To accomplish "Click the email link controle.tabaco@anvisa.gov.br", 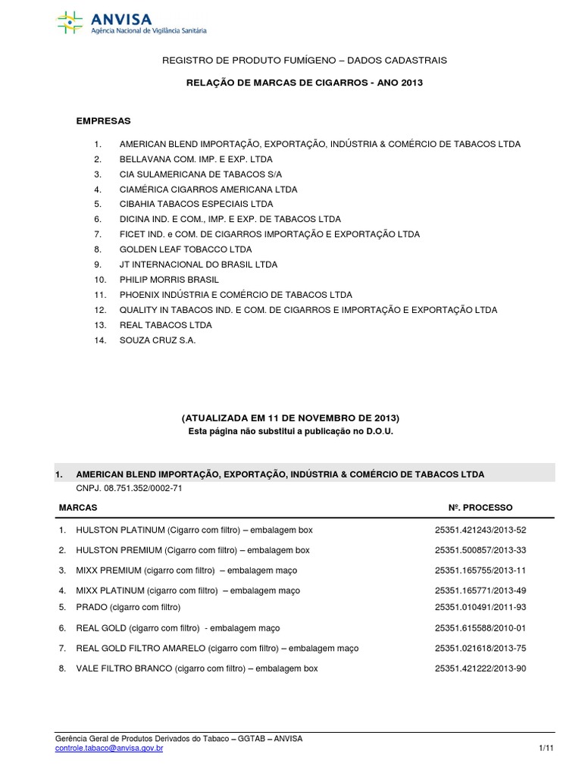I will pos(109,749).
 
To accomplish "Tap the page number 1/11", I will pos(546,749).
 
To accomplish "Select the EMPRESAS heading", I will pos(104,120).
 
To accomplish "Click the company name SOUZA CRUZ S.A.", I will pos(157,340).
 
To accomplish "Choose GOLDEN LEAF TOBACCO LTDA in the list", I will pos(185,249).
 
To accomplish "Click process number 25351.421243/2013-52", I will pos(480,530).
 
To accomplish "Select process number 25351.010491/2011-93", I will pos(480,607).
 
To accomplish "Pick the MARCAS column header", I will pos(78,507).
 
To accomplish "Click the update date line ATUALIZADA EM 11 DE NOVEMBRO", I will pos(290,418).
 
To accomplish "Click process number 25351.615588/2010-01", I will pos(480,628).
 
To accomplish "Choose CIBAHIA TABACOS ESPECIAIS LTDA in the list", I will pos(196,204).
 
